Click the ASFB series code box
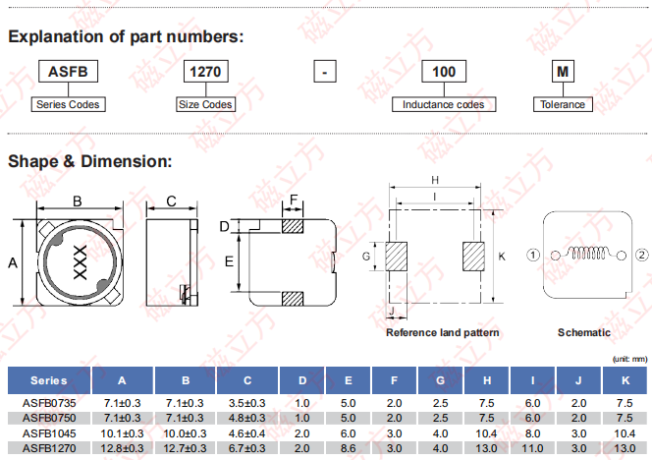click(68, 71)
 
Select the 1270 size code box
click(206, 71)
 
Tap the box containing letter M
click(563, 71)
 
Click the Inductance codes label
click(444, 104)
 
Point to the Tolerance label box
click(563, 104)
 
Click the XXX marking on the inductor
click(80, 262)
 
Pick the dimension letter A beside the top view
click(13, 263)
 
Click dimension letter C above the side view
click(171, 201)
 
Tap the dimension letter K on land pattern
click(502, 257)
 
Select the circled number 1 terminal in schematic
click(533, 255)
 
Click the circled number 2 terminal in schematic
click(642, 255)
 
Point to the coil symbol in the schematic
click(588, 253)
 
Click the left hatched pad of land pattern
click(396, 257)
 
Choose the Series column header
click(49, 380)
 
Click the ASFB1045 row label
click(49, 433)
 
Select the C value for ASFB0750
click(247, 418)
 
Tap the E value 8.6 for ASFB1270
click(348, 448)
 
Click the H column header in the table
click(487, 380)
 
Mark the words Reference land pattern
click(443, 332)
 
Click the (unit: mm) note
click(629, 360)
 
